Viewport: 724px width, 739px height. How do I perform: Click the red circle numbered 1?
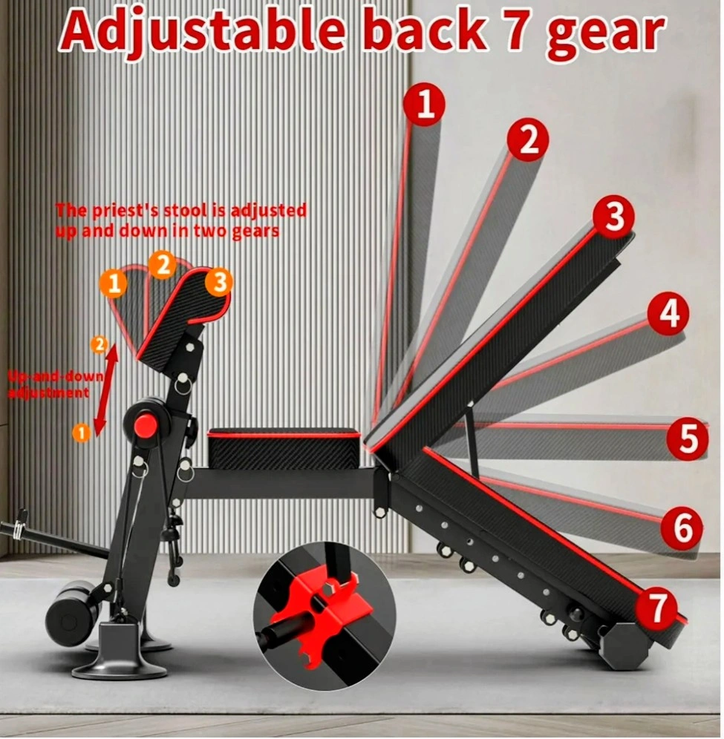[x=425, y=105]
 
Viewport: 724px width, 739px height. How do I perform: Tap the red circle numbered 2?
[x=528, y=140]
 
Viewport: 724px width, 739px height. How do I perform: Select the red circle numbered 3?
[x=614, y=217]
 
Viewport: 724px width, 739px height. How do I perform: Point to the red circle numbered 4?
[x=668, y=313]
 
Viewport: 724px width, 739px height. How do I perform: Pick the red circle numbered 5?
[x=687, y=438]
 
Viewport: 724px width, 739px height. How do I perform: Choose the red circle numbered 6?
[x=682, y=528]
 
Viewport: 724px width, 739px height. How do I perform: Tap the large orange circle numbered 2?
[x=163, y=266]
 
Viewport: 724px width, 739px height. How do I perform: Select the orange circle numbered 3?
[x=219, y=283]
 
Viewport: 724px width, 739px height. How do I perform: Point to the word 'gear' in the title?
[x=605, y=36]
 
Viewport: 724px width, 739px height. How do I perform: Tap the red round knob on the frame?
[x=146, y=425]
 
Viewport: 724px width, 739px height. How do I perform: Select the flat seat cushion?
[x=284, y=449]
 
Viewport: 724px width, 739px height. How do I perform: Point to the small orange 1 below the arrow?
[x=81, y=432]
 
